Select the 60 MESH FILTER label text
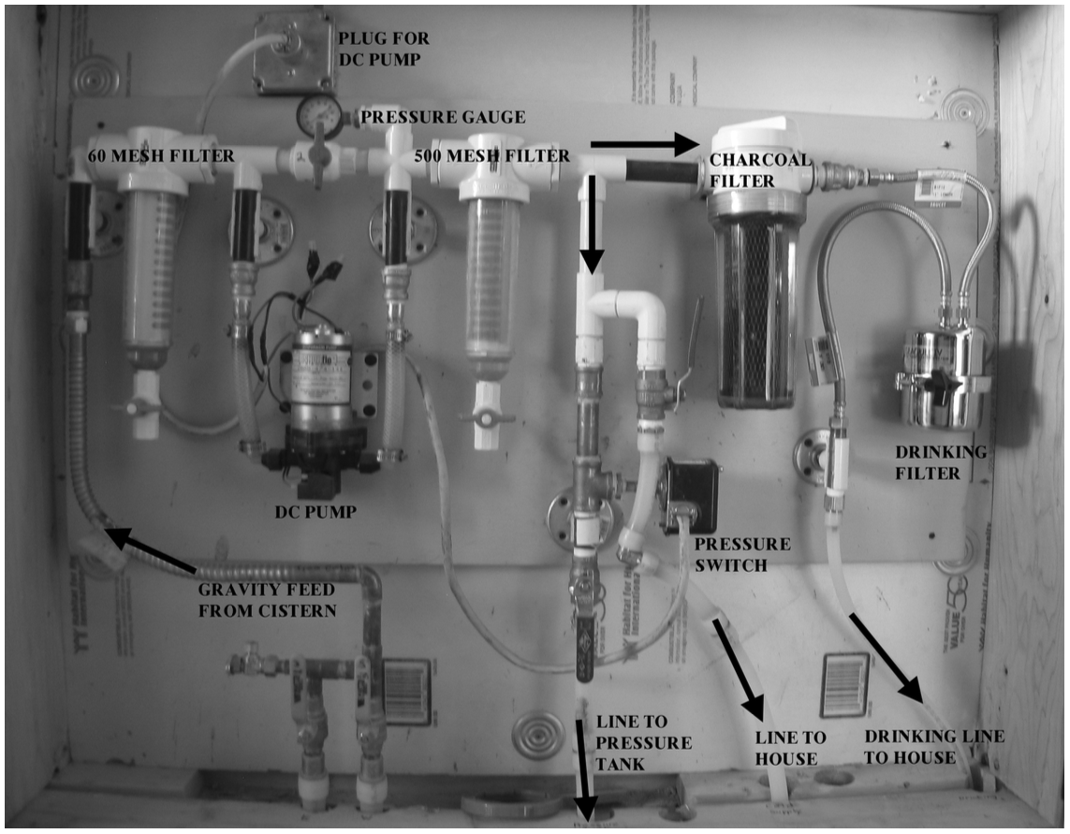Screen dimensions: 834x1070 [x=160, y=155]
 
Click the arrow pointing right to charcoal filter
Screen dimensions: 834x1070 [x=645, y=143]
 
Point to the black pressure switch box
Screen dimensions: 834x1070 [x=689, y=492]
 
